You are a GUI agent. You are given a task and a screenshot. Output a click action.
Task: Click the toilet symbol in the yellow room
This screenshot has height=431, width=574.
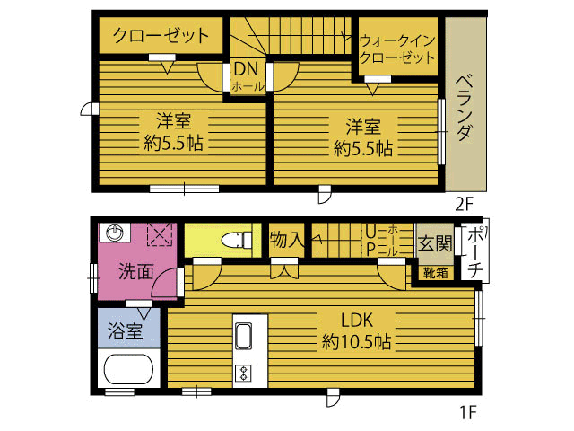pos(237,240)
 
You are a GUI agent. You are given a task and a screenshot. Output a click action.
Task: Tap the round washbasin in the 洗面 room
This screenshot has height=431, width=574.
pos(115,233)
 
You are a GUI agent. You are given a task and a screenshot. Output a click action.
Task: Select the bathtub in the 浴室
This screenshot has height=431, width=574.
pos(128,369)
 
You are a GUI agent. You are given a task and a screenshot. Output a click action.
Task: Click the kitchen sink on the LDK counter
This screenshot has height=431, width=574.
pos(243,336)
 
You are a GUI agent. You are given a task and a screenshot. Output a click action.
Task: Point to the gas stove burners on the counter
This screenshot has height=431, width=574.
pos(243,374)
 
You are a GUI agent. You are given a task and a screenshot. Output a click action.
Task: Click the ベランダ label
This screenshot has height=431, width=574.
pos(465,108)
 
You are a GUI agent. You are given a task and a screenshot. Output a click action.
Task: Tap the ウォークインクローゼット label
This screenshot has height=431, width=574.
pos(397,49)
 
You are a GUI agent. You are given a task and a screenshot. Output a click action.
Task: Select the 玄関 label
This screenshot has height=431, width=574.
pos(435,243)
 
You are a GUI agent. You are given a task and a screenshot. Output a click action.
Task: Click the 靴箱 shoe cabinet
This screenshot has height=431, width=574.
pos(436,273)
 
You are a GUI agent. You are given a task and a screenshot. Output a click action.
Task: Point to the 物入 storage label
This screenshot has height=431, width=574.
pos(287,241)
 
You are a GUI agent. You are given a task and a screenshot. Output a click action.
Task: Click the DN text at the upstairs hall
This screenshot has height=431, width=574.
pos(246,68)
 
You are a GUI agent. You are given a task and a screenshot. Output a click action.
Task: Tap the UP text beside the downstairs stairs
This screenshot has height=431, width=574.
pos(370,241)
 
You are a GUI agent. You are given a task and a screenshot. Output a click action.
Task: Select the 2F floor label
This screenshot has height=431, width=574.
pos(465,204)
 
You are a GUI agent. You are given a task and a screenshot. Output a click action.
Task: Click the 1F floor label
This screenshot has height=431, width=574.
pos(467,412)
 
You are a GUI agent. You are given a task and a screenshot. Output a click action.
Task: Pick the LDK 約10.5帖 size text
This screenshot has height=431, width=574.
pos(356,342)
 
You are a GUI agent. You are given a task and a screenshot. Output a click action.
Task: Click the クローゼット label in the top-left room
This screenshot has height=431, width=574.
pos(161,36)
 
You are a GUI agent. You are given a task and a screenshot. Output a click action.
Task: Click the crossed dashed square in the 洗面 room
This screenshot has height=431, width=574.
pos(160,235)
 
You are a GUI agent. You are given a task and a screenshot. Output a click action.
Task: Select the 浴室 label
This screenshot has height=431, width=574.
pos(126,330)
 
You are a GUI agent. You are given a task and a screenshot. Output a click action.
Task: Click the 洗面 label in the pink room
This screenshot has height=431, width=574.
pos(135,271)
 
